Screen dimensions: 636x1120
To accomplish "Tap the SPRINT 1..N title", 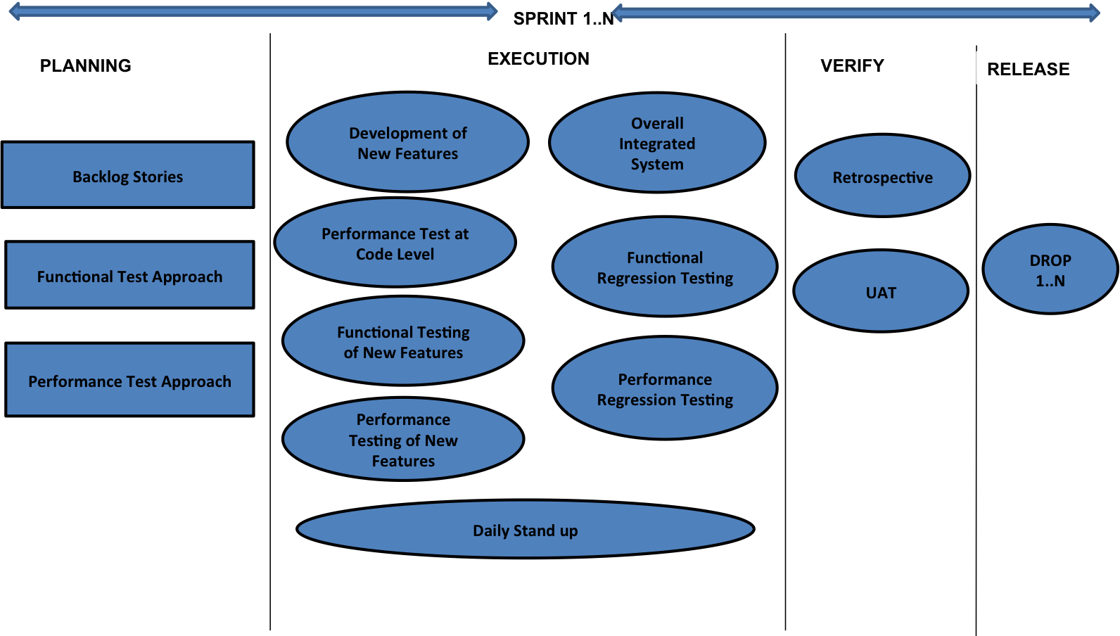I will tap(563, 18).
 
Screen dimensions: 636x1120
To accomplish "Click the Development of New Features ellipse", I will tap(407, 142).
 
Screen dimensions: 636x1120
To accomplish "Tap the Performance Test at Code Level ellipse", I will tap(395, 243).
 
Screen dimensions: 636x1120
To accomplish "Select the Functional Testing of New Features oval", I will tap(403, 341).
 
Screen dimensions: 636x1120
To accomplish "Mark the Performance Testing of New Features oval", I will tap(403, 440).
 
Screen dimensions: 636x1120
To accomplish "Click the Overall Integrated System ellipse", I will tap(657, 143).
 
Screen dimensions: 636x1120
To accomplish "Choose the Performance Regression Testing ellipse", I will tap(665, 388).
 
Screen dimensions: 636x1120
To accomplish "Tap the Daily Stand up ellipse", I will tap(525, 530).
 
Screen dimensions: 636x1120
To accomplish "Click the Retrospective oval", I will tap(882, 176).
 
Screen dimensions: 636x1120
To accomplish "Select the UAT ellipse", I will tap(881, 291).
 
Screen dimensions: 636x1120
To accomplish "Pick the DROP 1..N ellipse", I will tap(1050, 269).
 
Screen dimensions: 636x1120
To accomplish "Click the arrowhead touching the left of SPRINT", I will tap(491, 11).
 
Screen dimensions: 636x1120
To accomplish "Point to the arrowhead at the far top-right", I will tap(1094, 13).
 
